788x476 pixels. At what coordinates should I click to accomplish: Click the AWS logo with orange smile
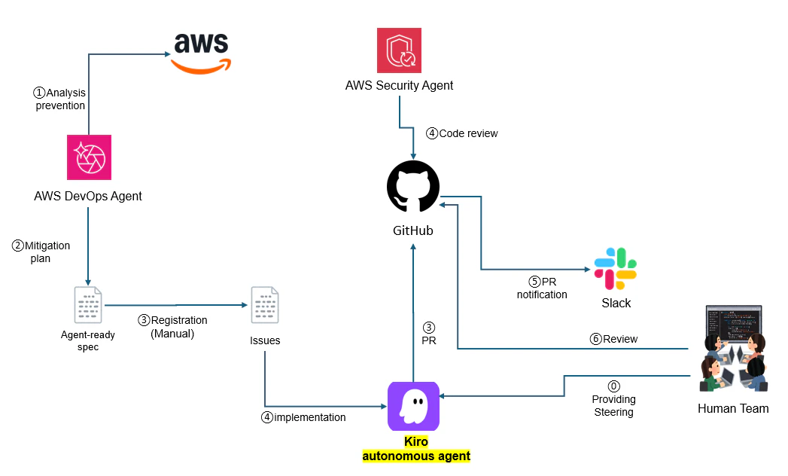(x=200, y=53)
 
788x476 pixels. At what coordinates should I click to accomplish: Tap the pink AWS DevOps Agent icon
(x=89, y=157)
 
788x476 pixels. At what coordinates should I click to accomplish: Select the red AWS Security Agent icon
(x=399, y=50)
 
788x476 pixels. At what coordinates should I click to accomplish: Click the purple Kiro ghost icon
(x=413, y=406)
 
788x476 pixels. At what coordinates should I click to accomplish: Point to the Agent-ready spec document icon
(x=89, y=305)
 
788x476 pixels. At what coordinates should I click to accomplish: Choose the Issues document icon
(x=265, y=305)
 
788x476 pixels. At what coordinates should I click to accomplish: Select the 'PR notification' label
(x=542, y=288)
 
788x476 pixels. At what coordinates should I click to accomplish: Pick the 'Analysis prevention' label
(x=59, y=99)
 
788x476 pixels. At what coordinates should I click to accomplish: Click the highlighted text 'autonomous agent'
(x=416, y=456)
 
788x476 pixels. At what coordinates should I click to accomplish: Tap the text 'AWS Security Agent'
(x=399, y=85)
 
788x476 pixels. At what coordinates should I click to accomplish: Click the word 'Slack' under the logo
(x=616, y=303)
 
